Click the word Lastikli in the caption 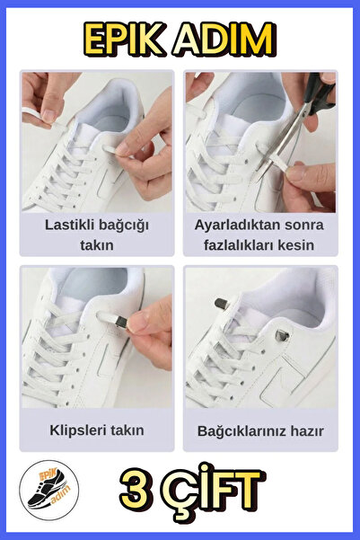pyautogui.click(x=73, y=225)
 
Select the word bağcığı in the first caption pyautogui.click(x=126, y=225)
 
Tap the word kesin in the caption pyautogui.click(x=295, y=244)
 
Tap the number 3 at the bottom pyautogui.click(x=132, y=491)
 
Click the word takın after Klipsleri pyautogui.click(x=126, y=430)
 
